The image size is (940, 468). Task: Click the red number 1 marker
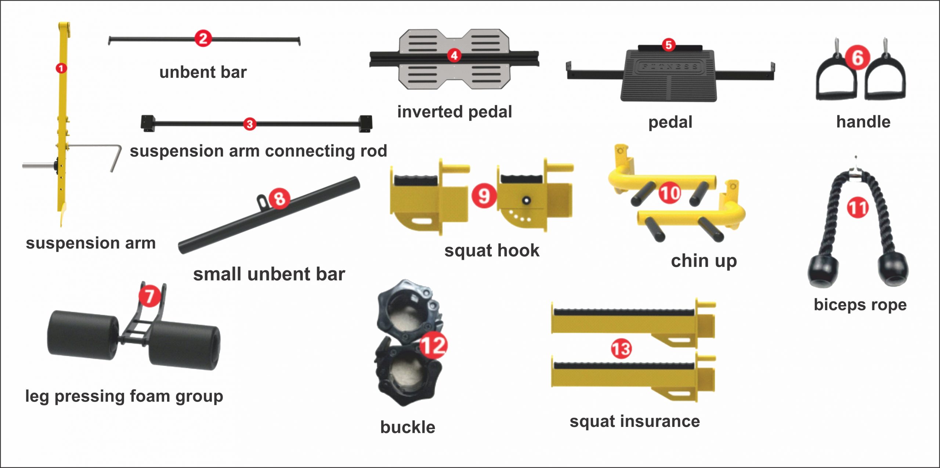[61, 68]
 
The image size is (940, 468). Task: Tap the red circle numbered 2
[203, 39]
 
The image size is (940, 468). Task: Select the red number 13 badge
[621, 349]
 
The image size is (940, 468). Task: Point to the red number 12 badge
[433, 345]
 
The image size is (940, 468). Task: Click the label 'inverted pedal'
[455, 112]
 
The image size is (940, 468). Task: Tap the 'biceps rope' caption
[860, 305]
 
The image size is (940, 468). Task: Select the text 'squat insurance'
[634, 421]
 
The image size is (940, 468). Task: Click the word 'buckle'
[408, 427]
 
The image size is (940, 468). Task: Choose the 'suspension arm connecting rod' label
[258, 151]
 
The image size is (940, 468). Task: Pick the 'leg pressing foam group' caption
[124, 396]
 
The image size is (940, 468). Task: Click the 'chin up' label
[704, 261]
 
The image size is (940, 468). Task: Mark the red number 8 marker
[279, 199]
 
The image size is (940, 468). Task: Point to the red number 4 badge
[454, 55]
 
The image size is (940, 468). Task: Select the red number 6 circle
[857, 58]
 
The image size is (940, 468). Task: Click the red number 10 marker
[670, 193]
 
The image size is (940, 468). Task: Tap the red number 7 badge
[149, 296]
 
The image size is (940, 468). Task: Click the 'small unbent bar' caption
[269, 274]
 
